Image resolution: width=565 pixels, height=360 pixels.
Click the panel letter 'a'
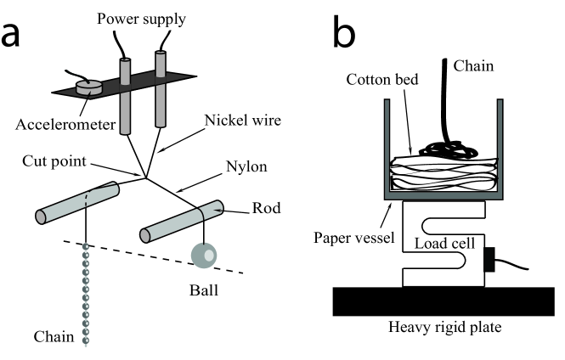pyautogui.click(x=19, y=37)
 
